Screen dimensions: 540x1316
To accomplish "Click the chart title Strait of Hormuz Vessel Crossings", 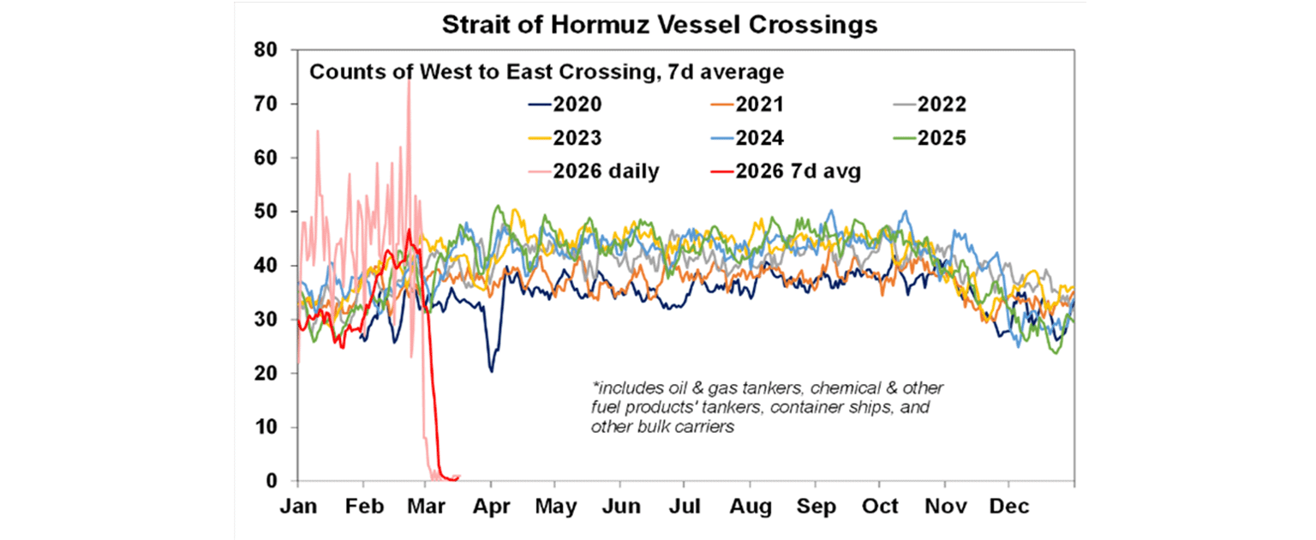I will [659, 25].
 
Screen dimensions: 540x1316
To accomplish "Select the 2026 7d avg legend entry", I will [811, 171].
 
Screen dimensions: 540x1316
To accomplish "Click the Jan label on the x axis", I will [298, 507].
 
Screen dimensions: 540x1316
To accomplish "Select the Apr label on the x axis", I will [490, 507].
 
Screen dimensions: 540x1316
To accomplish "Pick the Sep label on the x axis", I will [817, 507].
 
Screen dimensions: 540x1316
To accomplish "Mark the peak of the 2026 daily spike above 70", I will [409, 79].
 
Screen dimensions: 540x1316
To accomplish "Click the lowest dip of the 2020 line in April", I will [491, 370].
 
